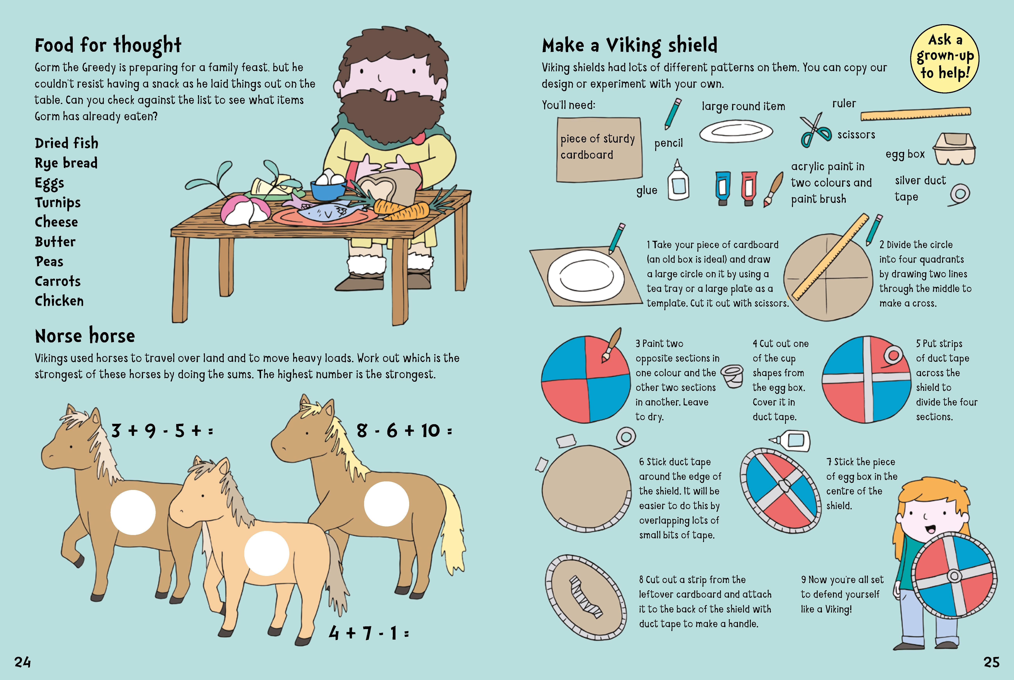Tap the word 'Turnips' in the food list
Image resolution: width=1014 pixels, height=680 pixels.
[x=58, y=203]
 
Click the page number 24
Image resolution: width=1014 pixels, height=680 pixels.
[x=23, y=662]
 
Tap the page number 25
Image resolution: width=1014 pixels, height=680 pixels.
[x=991, y=662]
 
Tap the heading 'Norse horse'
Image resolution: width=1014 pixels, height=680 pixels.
[x=85, y=336]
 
